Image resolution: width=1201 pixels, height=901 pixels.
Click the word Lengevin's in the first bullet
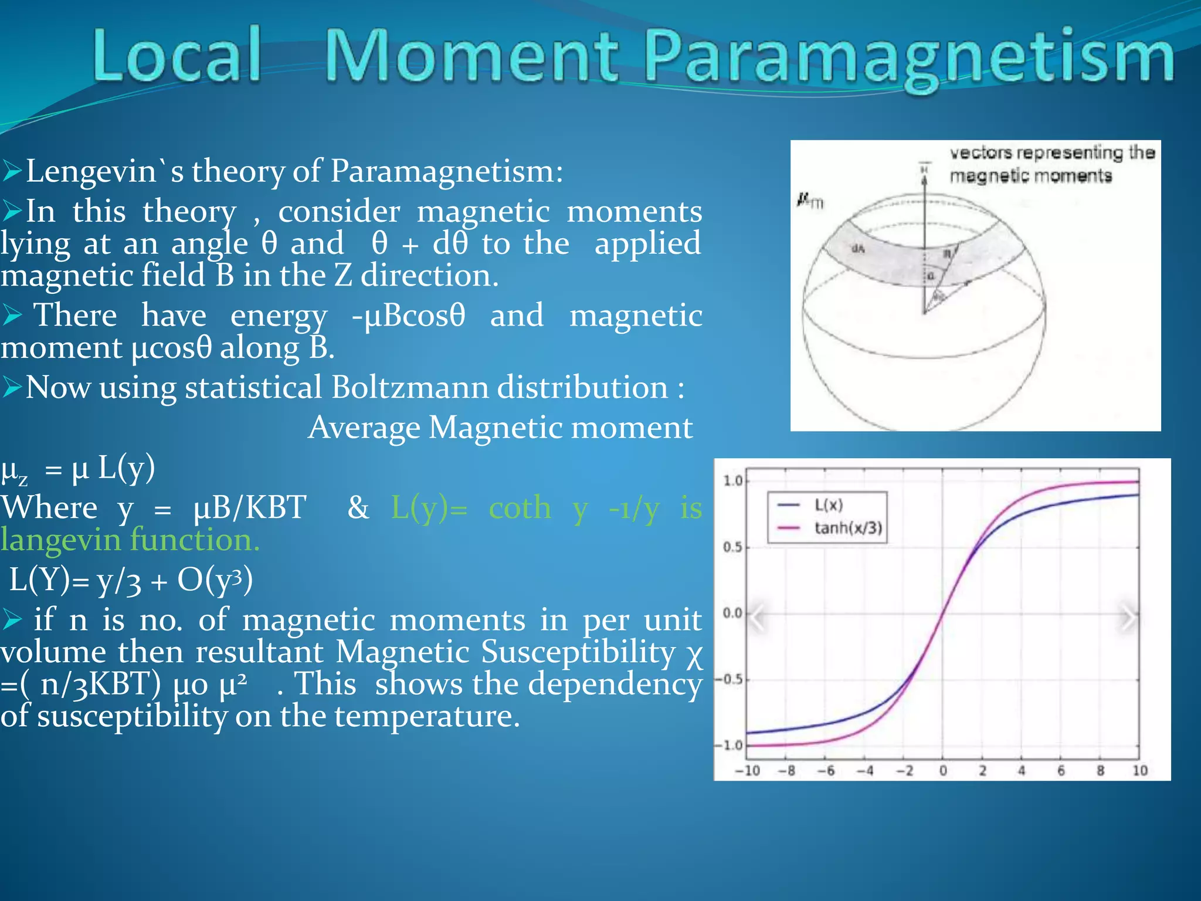pos(104,171)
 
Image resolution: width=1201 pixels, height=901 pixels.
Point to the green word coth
pos(520,508)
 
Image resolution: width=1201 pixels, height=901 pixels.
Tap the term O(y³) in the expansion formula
pos(215,580)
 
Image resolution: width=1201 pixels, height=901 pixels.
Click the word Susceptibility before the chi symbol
pos(578,652)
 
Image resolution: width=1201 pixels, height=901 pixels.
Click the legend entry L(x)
pos(828,505)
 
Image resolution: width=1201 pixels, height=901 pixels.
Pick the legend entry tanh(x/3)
pos(847,528)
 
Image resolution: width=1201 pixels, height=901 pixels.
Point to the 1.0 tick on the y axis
pos(732,481)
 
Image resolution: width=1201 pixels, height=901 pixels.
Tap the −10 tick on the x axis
pos(747,770)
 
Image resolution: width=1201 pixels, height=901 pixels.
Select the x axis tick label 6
pos(1060,770)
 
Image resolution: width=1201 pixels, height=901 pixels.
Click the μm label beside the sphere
pos(810,201)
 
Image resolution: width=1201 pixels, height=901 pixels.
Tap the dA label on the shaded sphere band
pos(858,249)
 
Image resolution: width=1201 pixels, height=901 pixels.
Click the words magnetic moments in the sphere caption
pos(1030,175)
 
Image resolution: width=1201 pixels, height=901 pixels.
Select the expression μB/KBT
pos(250,508)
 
